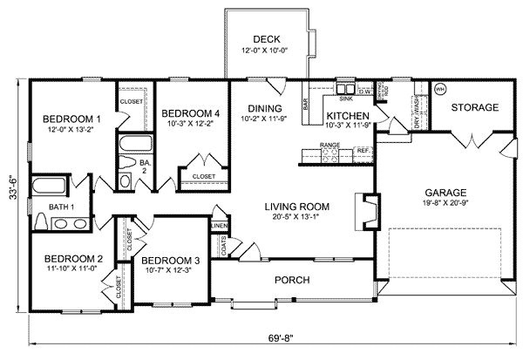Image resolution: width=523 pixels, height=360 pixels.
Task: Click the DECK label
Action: coord(266,38)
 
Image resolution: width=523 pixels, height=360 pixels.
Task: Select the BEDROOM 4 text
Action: coord(191,112)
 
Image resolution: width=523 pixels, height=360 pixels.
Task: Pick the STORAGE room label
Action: coord(475,107)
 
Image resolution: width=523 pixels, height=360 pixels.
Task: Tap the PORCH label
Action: coord(292,280)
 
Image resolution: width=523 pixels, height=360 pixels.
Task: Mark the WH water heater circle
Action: coord(439,89)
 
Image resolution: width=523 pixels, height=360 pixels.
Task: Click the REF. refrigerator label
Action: coord(362,151)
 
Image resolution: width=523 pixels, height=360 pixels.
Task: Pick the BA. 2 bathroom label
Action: coord(145,166)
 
